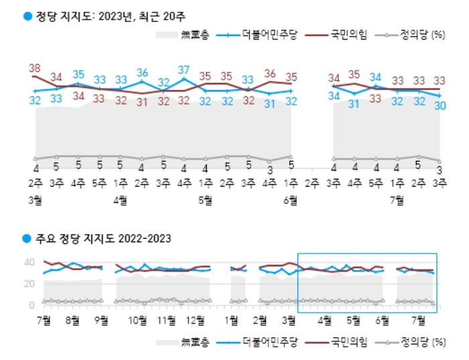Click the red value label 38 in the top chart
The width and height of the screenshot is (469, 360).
(x=35, y=68)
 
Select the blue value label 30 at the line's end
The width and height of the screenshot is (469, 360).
(x=441, y=106)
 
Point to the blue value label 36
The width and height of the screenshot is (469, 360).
(x=142, y=72)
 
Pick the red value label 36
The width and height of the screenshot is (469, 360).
(x=270, y=73)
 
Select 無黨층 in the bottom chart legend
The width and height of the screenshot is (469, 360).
(x=194, y=343)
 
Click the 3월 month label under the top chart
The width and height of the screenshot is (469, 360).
(x=35, y=199)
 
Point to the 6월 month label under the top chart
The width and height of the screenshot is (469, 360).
(x=291, y=199)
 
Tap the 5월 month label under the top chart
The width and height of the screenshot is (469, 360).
(x=206, y=199)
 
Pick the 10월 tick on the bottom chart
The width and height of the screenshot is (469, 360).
(x=138, y=320)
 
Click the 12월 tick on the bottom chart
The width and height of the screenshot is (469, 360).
(x=195, y=320)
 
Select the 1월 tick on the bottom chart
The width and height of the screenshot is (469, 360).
(x=232, y=320)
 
